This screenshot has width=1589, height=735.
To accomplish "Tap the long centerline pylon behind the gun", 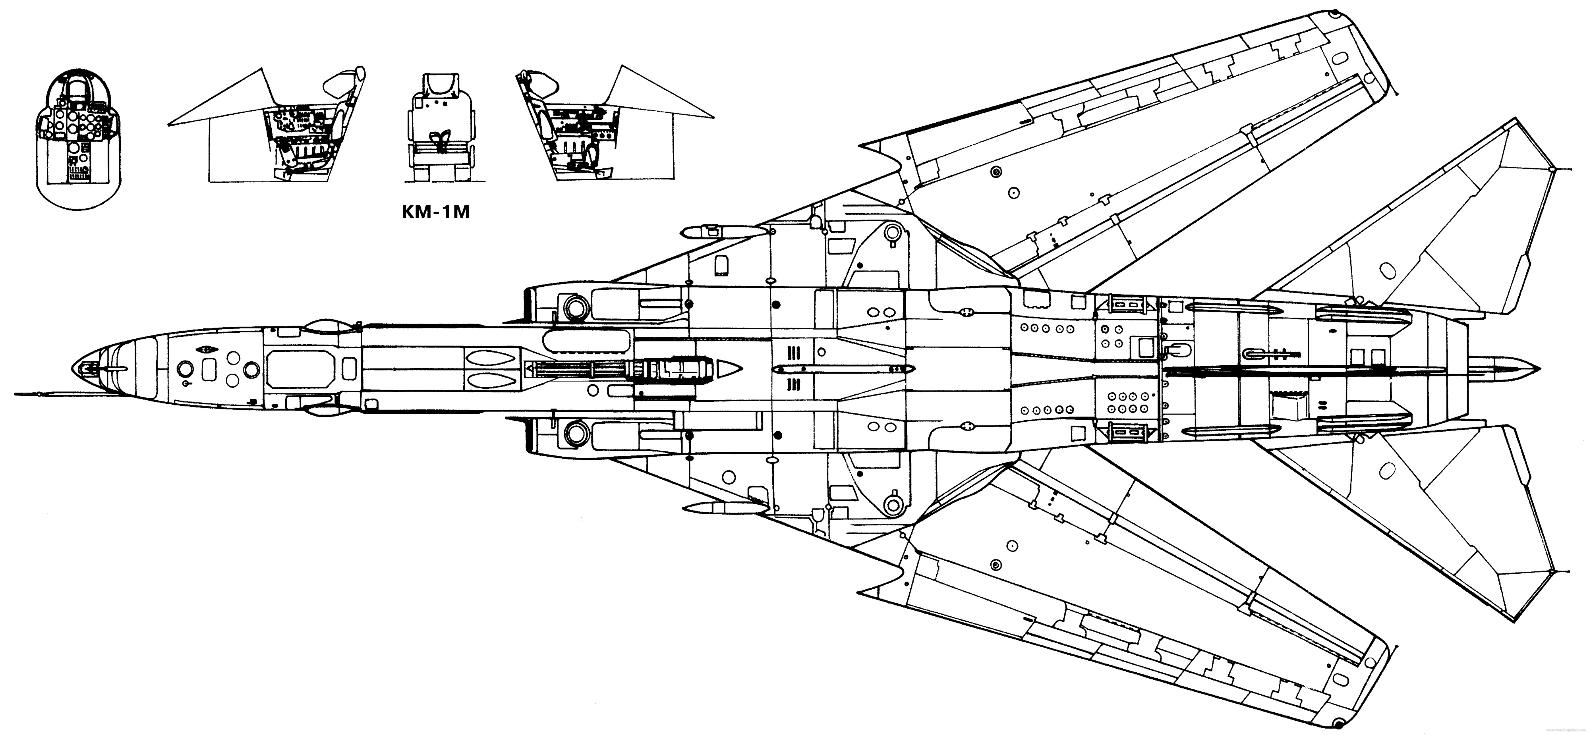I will click(842, 369).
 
